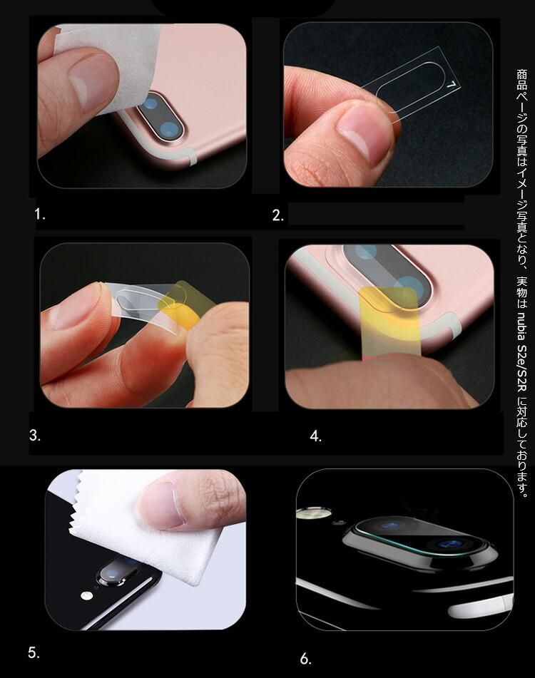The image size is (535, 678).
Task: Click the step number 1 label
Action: click(40, 214)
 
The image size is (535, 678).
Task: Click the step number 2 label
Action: click(278, 215)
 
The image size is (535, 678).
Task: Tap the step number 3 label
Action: click(35, 436)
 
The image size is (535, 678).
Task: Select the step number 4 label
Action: click(316, 436)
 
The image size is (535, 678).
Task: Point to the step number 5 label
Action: click(34, 652)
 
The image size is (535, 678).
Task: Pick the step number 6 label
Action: click(306, 659)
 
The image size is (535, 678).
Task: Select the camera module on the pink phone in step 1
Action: click(160, 115)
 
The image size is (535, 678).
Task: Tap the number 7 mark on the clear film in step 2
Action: click(452, 85)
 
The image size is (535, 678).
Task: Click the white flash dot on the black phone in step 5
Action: click(88, 595)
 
